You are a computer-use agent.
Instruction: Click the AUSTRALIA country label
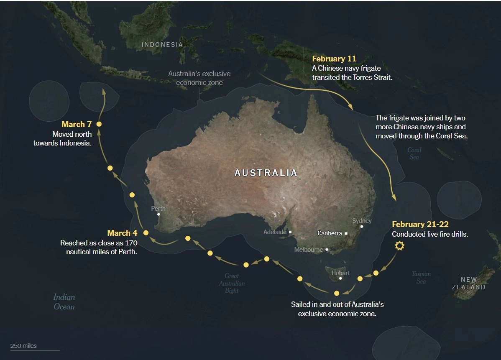click(x=266, y=173)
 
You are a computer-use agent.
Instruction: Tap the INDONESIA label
click(x=162, y=45)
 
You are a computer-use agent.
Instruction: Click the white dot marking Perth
click(x=158, y=214)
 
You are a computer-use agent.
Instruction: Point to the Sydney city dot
click(x=362, y=226)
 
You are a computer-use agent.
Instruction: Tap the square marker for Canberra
click(x=346, y=233)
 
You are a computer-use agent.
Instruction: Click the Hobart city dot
click(x=341, y=278)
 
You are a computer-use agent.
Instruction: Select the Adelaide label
click(x=275, y=232)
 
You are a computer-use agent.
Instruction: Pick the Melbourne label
click(x=308, y=250)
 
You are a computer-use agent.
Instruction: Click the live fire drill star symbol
click(x=400, y=246)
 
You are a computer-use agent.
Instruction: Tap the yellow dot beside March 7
click(x=99, y=124)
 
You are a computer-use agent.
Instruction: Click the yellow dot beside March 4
click(x=146, y=233)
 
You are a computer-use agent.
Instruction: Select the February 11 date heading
click(x=334, y=59)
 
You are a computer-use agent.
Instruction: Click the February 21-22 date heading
click(x=420, y=225)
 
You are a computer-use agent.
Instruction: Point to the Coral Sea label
click(x=414, y=153)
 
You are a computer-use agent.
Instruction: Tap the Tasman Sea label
click(x=421, y=278)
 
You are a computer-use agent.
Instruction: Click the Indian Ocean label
click(x=64, y=302)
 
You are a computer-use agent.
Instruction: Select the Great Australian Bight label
click(x=232, y=283)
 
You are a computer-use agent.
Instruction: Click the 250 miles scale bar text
click(x=24, y=346)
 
